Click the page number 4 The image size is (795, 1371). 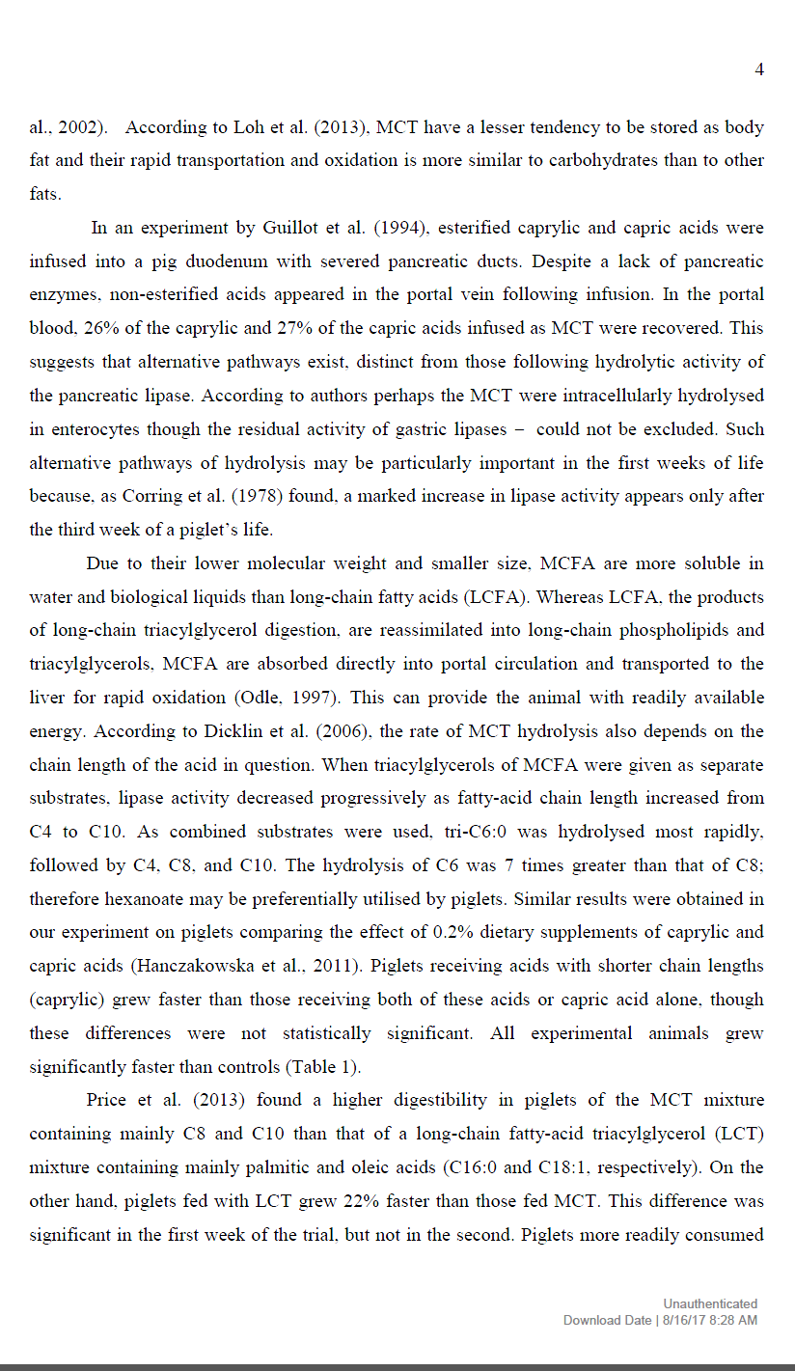coord(759,69)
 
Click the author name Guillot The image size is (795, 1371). coord(289,229)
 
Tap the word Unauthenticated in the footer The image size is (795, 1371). coord(710,1303)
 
